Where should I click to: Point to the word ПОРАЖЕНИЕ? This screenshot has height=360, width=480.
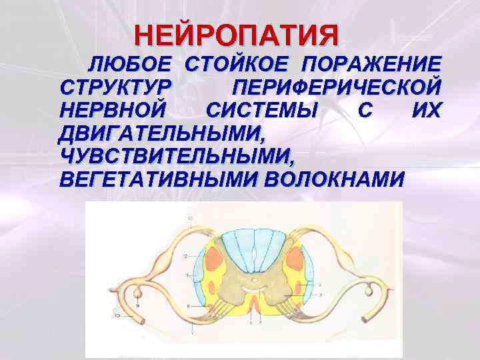click(371, 65)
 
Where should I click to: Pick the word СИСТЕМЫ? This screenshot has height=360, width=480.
click(263, 111)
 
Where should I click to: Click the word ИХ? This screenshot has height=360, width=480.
click(427, 111)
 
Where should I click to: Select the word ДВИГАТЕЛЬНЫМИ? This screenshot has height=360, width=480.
click(162, 133)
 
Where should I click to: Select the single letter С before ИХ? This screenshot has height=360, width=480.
click(362, 111)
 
